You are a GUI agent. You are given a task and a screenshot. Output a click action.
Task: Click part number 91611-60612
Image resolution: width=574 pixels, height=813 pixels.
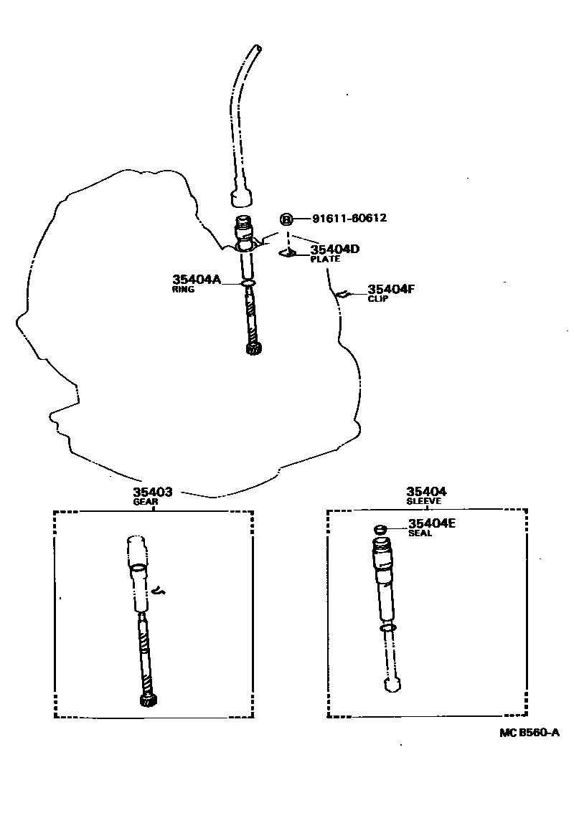coord(349,219)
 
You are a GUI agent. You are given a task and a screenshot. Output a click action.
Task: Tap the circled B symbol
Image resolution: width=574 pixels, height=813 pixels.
coord(286,219)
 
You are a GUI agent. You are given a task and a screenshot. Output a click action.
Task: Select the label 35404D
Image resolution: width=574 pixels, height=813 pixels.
coord(334,249)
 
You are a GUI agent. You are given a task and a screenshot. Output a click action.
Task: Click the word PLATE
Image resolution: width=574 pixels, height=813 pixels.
coord(324,260)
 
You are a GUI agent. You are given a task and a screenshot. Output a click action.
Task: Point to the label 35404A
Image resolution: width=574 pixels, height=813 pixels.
coord(197,280)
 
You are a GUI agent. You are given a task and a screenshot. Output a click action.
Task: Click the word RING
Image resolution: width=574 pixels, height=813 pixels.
coord(183,290)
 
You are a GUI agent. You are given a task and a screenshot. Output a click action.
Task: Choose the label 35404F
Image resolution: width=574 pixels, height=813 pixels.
coord(392,290)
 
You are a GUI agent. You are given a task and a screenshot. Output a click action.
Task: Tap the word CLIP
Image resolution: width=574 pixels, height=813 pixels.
coord(377,299)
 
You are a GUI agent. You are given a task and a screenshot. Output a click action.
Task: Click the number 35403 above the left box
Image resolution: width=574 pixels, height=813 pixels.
coord(152,492)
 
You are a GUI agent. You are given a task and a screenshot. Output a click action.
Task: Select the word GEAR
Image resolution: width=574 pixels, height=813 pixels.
coord(145,502)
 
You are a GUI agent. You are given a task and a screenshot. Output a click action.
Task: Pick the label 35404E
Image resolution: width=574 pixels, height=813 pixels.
coord(432,523)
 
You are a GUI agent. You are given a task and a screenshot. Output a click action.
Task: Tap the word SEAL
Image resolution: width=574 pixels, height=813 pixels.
coord(420,533)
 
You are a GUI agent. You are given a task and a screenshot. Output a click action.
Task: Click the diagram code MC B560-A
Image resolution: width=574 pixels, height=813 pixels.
coord(530,732)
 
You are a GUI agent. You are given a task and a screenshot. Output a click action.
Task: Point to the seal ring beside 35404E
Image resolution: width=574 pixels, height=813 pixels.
coord(380,530)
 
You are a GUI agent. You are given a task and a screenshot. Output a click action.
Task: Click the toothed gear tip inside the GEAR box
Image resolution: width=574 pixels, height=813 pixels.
coord(149,700)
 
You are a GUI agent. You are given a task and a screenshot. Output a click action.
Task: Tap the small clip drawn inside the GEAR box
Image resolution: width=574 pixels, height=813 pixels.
coord(159,591)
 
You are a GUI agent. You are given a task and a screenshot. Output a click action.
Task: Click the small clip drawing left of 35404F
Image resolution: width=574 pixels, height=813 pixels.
coord(342,293)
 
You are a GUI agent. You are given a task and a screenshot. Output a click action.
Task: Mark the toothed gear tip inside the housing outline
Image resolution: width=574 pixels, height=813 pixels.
coord(252,349)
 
